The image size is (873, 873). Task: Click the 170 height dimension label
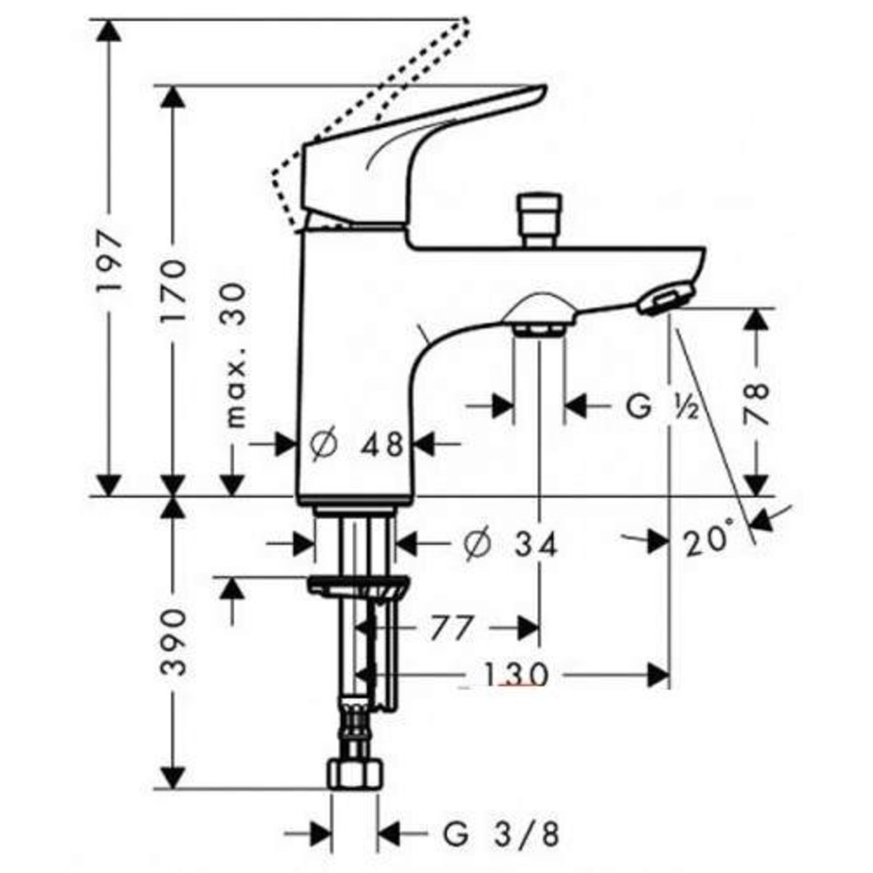pyautogui.click(x=173, y=291)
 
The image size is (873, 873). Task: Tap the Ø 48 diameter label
pyautogui.click(x=357, y=444)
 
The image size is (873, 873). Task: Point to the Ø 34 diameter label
pyautogui.click(x=510, y=543)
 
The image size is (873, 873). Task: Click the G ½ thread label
pyautogui.click(x=663, y=405)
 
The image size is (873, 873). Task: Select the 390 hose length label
pyautogui.click(x=173, y=641)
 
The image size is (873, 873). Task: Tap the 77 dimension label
pyautogui.click(x=451, y=628)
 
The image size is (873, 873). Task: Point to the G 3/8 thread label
pyautogui.click(x=502, y=834)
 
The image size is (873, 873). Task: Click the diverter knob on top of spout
pyautogui.click(x=538, y=219)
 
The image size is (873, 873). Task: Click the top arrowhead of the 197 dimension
pyautogui.click(x=108, y=30)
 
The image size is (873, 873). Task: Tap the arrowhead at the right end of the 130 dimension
pyautogui.click(x=659, y=675)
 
